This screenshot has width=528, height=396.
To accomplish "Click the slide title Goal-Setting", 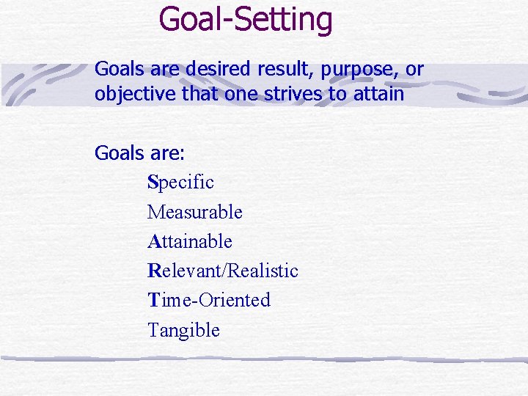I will click(246, 20).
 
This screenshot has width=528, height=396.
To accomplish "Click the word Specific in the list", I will click(180, 182).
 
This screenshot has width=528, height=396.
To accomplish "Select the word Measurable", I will click(194, 212).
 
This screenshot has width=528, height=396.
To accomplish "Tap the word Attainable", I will click(189, 241).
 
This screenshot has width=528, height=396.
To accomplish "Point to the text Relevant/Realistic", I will click(222, 271).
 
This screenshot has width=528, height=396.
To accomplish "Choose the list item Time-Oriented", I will click(209, 300).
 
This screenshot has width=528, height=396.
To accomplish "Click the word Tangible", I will click(183, 330).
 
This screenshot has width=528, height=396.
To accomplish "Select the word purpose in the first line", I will click(354, 70).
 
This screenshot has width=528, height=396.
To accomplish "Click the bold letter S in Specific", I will click(153, 182).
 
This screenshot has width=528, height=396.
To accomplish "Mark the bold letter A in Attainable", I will click(153, 241).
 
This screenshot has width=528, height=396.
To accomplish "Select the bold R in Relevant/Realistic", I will click(153, 271).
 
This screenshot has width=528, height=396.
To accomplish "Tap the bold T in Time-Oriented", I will click(153, 300).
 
